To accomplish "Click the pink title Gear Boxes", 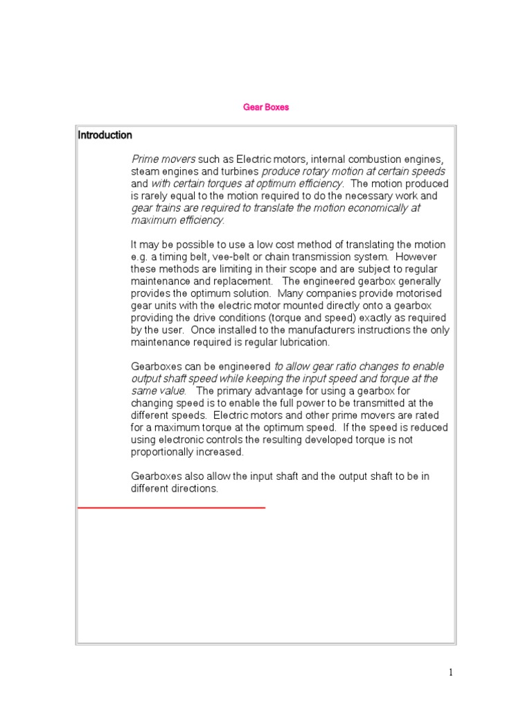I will pyautogui.click(x=266, y=107).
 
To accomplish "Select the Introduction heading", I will pyautogui.click(x=105, y=135).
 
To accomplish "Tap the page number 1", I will pyautogui.click(x=450, y=672).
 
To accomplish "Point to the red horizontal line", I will pyautogui.click(x=171, y=508).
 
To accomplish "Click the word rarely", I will pyautogui.click(x=155, y=196).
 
